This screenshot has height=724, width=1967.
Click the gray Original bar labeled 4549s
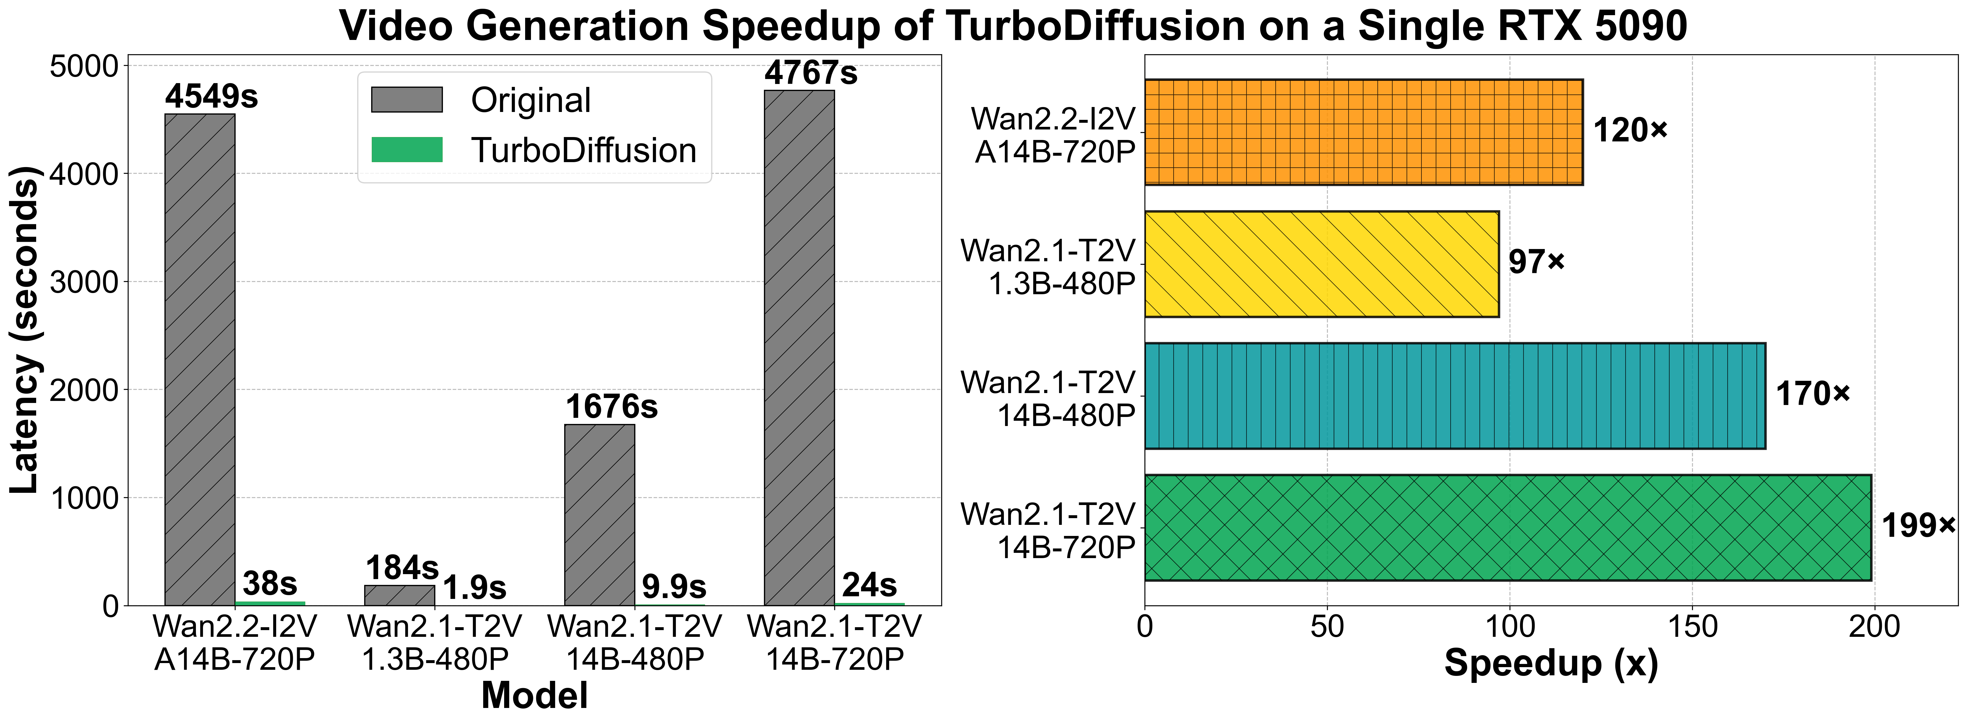(x=200, y=359)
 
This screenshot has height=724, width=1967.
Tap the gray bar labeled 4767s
(x=800, y=348)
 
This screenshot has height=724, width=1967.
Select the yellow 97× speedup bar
(x=1321, y=264)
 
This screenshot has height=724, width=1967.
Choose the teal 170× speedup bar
(x=1455, y=396)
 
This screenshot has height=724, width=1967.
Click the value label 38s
(x=269, y=584)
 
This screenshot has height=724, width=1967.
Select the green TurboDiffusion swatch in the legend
(x=407, y=150)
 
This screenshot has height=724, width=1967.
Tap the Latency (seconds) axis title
(x=24, y=330)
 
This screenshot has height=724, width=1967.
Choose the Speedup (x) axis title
(x=1551, y=663)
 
